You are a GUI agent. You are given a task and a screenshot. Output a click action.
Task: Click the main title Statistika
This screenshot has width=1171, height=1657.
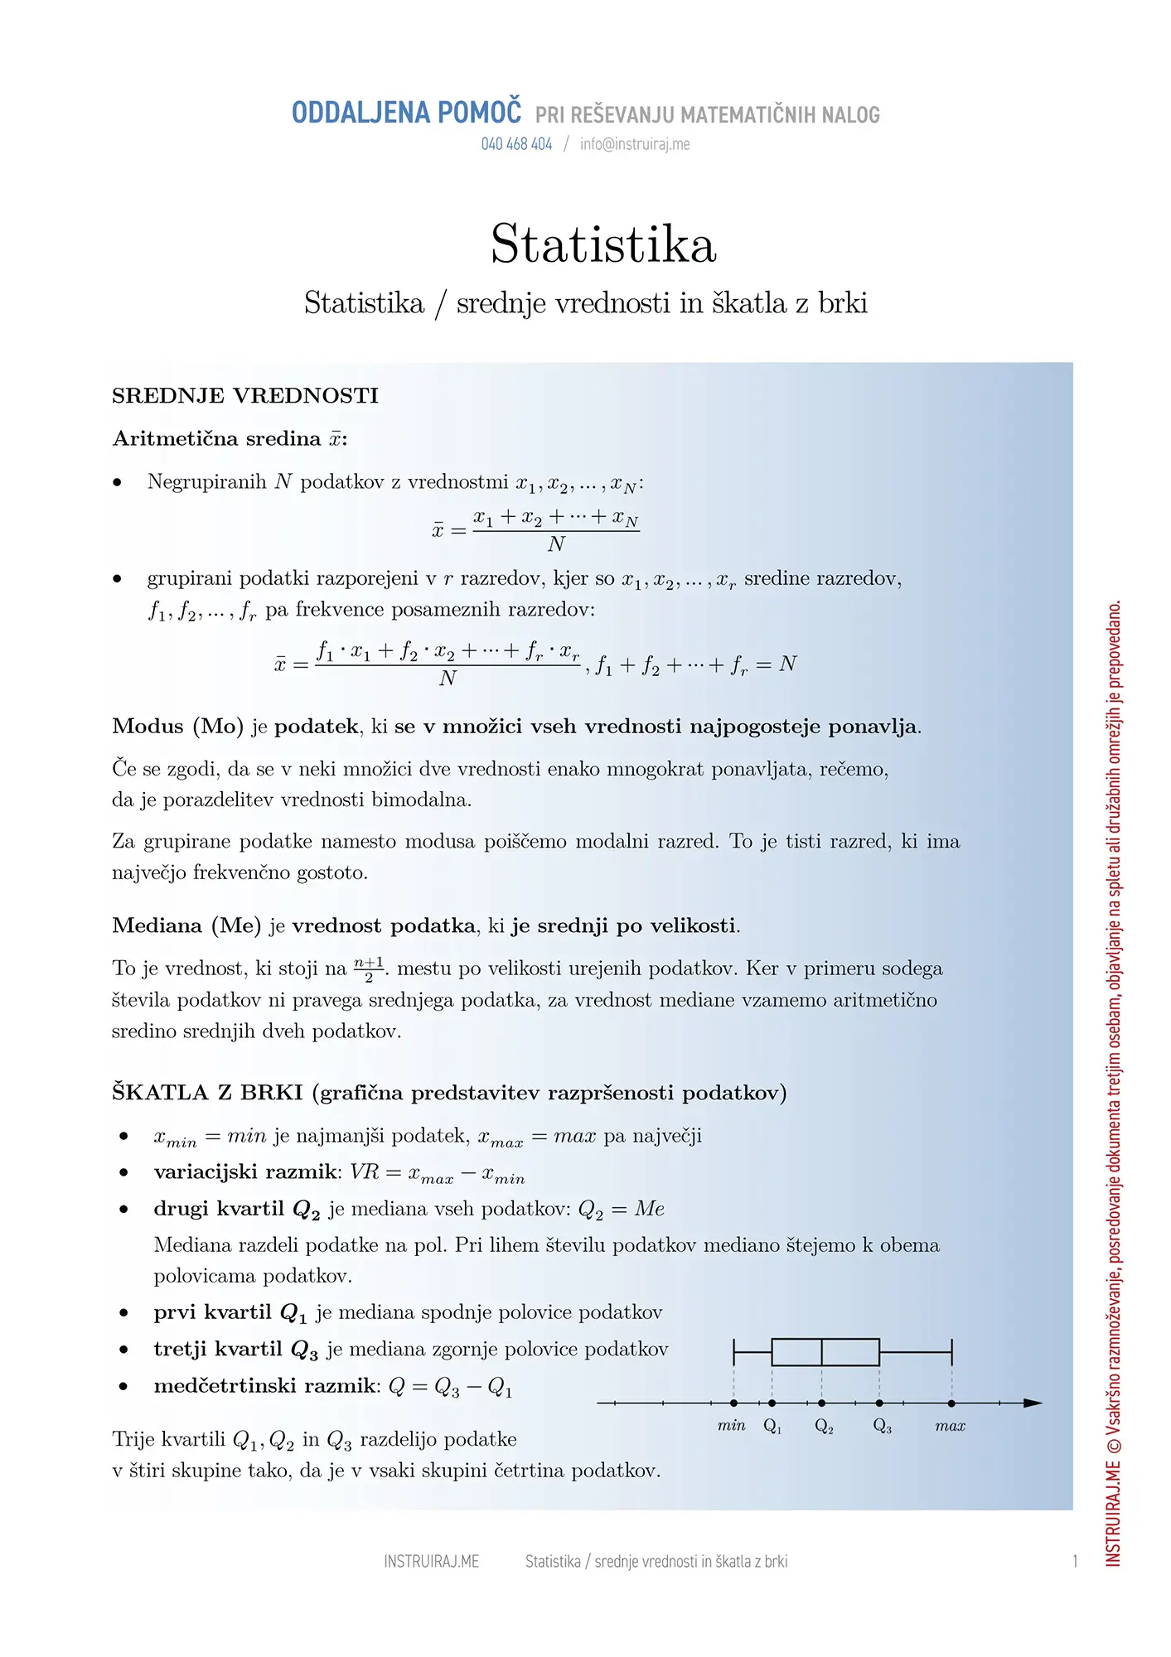603,244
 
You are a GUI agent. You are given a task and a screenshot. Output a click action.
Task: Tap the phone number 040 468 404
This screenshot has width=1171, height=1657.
516,144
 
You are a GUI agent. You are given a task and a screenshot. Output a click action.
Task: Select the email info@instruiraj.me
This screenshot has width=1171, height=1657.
635,144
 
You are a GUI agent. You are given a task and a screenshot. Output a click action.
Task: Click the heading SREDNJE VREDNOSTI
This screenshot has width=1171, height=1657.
245,396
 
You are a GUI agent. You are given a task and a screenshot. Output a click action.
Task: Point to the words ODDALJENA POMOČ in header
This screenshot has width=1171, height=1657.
406,113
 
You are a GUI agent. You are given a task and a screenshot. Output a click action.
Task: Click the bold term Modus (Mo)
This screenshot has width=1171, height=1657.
177,727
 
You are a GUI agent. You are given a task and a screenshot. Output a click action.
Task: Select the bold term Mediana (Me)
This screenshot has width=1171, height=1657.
186,925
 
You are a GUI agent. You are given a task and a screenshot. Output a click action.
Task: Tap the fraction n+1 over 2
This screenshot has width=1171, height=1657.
369,969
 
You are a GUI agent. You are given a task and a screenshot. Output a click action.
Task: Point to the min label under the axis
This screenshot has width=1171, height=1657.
732,1426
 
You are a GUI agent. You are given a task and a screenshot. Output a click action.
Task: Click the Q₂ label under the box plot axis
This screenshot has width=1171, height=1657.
824,1426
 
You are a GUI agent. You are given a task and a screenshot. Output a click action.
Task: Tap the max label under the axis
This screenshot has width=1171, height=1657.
951,1426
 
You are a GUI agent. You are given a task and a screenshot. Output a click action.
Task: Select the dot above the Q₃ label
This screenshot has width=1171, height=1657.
879,1403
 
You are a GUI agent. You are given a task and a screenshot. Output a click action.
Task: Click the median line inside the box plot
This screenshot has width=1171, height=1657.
821,1351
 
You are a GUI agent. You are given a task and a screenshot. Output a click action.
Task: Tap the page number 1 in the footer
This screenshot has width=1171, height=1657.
1075,1562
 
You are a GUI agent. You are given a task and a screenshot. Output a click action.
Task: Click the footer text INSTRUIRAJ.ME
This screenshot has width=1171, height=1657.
431,1562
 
